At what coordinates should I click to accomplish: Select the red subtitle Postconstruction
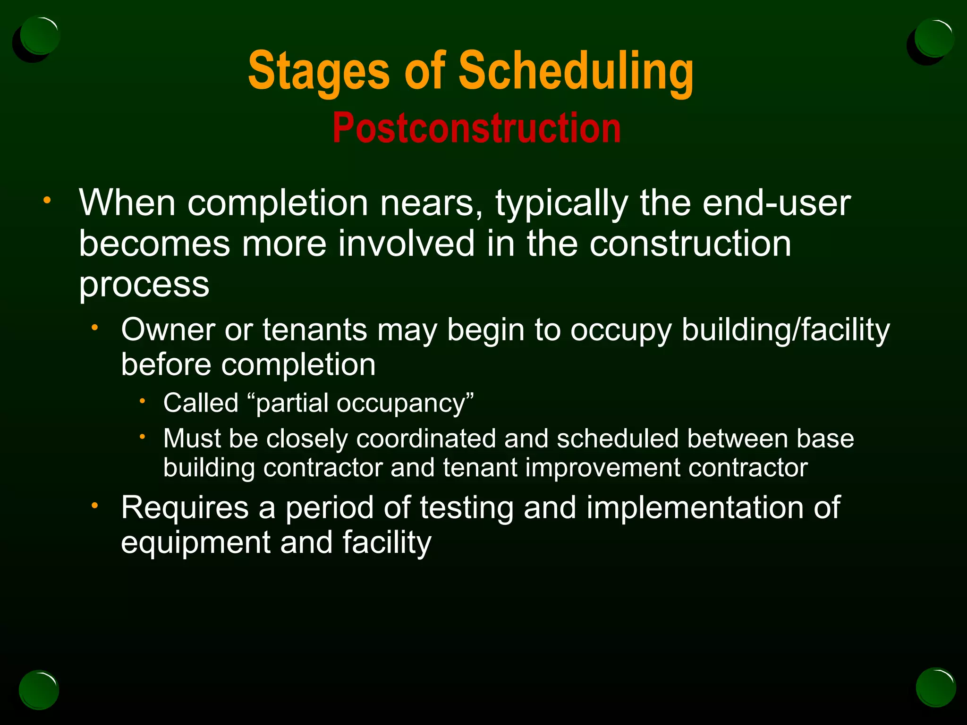(476, 128)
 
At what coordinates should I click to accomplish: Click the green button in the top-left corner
(40, 36)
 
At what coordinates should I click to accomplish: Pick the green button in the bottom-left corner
(39, 690)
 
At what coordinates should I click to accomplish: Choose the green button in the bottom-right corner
(936, 688)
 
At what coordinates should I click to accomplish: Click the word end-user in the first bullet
(776, 203)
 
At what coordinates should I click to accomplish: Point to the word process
(144, 285)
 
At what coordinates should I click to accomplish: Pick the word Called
(201, 403)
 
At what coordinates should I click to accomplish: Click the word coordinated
(425, 438)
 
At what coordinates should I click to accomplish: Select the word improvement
(602, 468)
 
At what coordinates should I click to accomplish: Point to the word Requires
(185, 508)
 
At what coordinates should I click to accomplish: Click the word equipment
(195, 543)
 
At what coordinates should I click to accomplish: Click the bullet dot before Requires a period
(95, 506)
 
